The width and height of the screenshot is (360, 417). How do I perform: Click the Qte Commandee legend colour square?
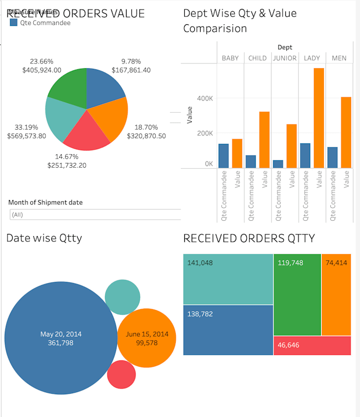(x=14, y=23)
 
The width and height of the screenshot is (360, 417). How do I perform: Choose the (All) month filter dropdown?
(x=95, y=215)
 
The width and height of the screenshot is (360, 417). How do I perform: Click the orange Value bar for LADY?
(x=318, y=118)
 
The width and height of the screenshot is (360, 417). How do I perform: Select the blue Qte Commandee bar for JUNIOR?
(x=277, y=164)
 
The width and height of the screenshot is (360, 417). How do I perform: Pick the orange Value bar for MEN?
(x=346, y=132)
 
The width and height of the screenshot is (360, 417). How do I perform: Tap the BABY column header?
(x=230, y=58)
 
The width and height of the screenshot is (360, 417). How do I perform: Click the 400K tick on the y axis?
(x=205, y=98)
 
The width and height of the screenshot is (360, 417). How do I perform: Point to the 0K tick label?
(x=209, y=164)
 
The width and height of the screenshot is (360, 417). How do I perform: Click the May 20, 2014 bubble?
(x=61, y=339)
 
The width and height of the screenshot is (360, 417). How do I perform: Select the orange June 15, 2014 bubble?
(x=147, y=338)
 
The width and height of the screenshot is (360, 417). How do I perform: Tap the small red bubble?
(x=121, y=375)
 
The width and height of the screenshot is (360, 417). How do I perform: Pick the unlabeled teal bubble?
(x=122, y=297)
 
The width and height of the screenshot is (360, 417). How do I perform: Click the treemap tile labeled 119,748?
(x=297, y=294)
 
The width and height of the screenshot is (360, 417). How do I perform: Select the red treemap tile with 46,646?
(x=312, y=346)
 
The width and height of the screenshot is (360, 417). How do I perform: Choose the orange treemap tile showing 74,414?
(x=336, y=294)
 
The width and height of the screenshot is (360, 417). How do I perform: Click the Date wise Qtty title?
(x=44, y=238)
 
